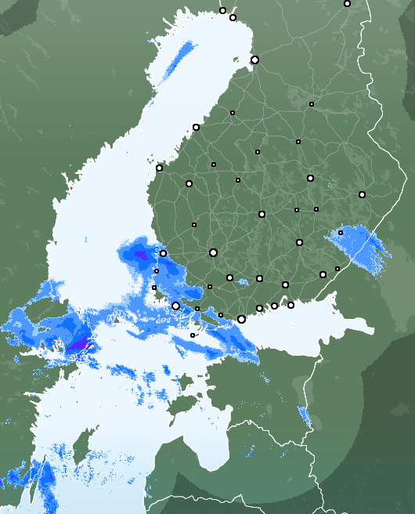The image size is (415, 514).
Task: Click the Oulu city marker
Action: pos(254,60)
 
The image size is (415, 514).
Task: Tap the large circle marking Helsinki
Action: pos(241,319)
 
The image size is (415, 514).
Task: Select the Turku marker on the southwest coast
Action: pos(176,306)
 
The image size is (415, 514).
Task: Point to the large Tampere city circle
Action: pos(213,252)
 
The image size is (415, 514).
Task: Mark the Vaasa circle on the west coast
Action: pos(159,168)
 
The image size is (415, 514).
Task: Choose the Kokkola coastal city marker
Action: pos(196,127)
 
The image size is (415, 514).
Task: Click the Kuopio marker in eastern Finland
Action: pos(310,179)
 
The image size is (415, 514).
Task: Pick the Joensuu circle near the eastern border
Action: pos(362,194)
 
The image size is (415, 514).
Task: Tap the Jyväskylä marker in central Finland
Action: pos(262,214)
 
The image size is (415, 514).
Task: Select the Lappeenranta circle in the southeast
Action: pos(323,274)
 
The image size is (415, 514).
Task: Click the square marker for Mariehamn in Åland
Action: pos(193,335)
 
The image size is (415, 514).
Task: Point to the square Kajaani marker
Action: pos(311,104)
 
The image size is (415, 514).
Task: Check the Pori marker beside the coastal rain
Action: pos(163,253)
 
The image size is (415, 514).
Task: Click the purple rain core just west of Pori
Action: pos(141,256)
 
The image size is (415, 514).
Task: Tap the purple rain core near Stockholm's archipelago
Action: pos(79,345)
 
